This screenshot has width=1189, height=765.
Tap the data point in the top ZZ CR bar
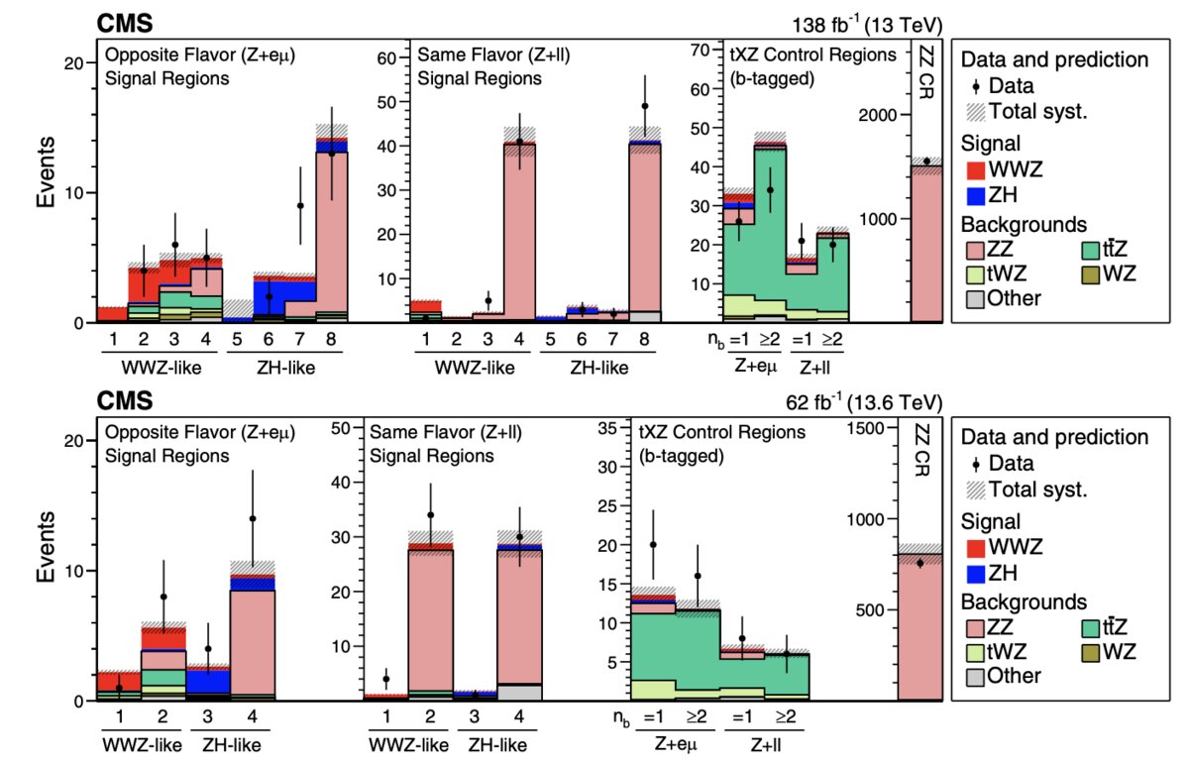click(x=927, y=161)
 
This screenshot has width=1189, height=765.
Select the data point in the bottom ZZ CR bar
click(x=919, y=563)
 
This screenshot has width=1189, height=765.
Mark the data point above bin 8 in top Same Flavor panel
click(x=645, y=106)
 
